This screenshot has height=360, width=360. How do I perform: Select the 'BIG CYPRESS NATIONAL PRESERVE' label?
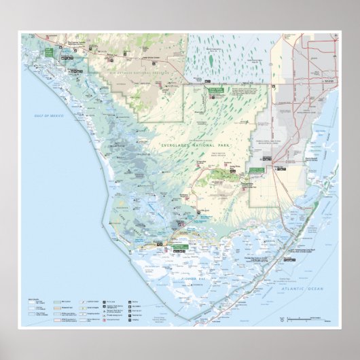pos(129,68)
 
